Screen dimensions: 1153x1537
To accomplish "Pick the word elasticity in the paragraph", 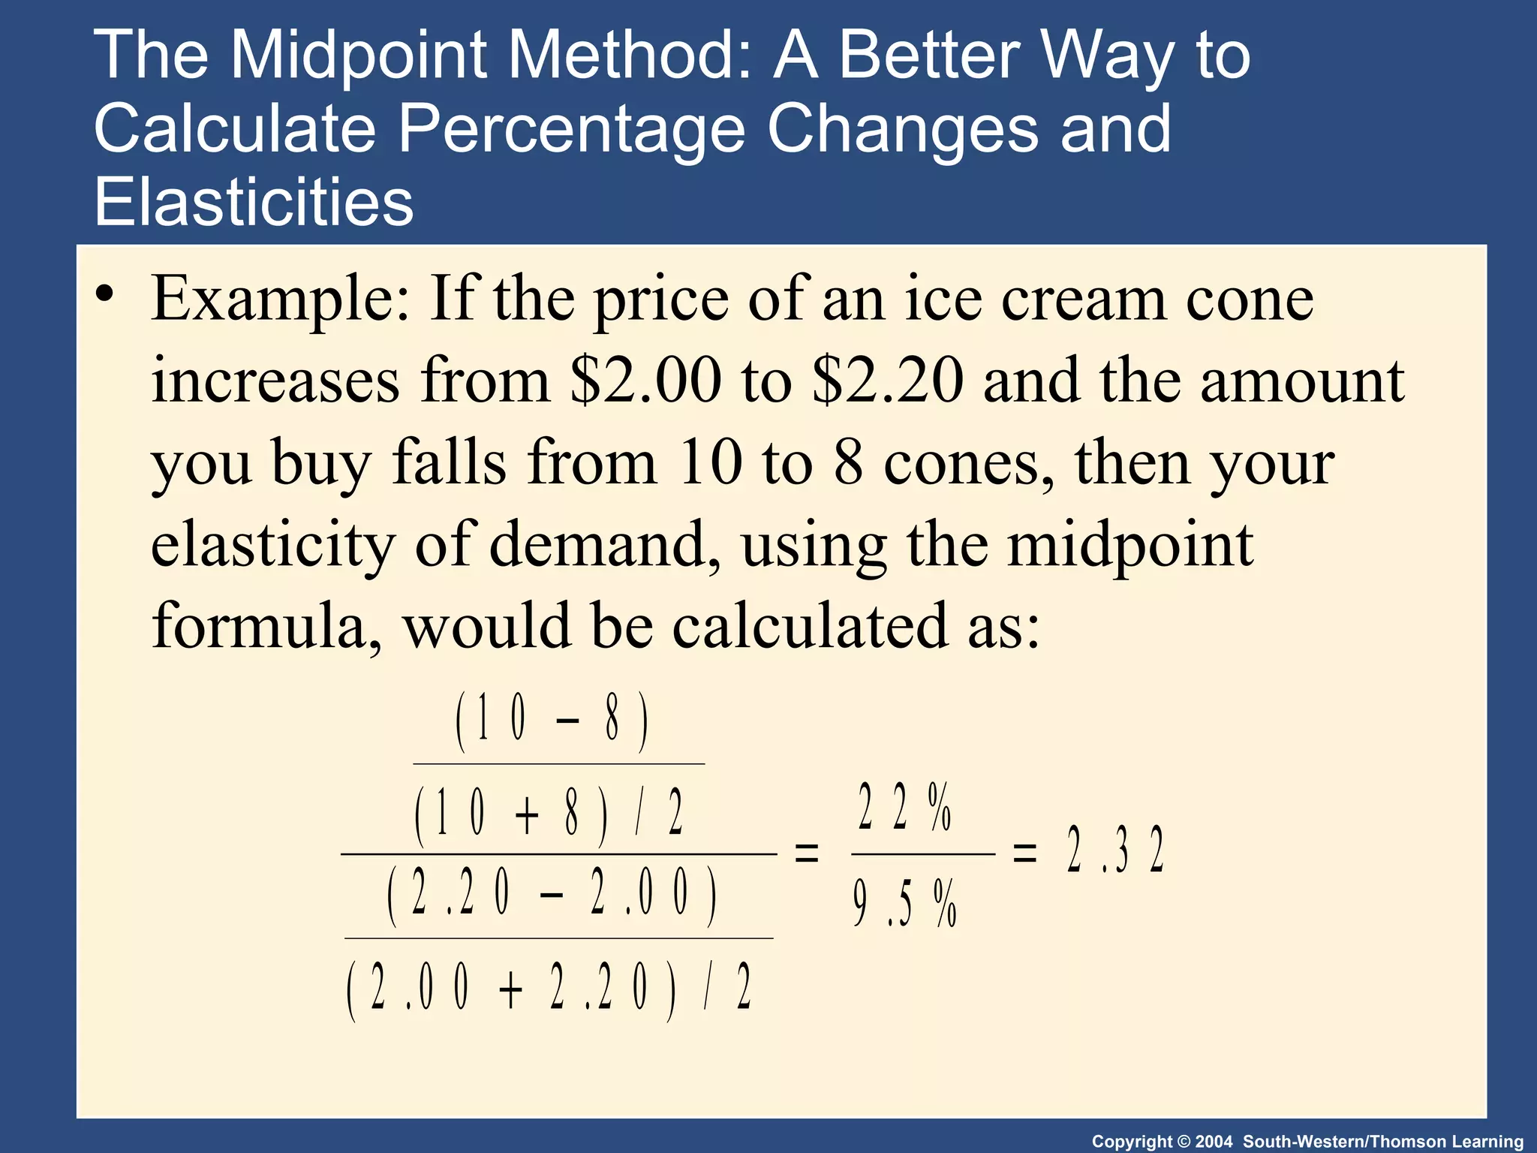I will coord(272,544).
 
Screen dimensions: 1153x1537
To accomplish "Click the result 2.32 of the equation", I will coord(1114,850).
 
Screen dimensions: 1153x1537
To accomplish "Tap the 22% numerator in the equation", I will coord(905,807).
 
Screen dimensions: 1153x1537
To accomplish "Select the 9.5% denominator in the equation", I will coord(905,903).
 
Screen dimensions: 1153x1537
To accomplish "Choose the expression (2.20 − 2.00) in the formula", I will coord(552,896).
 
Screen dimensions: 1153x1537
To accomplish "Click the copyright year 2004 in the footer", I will coord(1214,1142).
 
